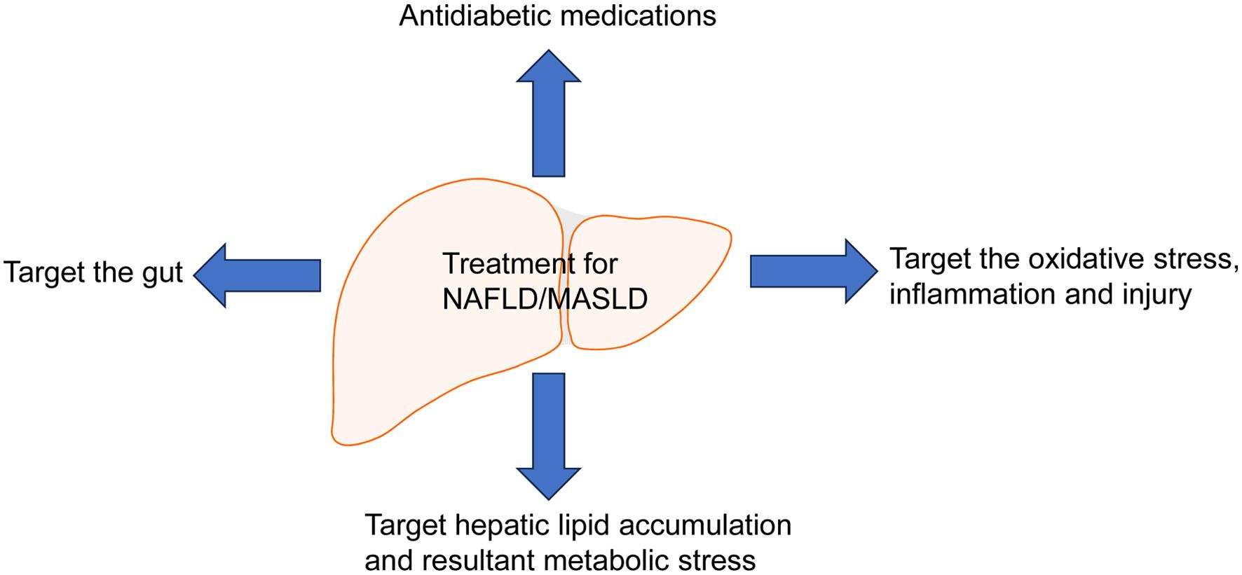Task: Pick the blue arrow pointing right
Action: point(813,271)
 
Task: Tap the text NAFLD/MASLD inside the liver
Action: point(545,299)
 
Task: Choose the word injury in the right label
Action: point(1156,296)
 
